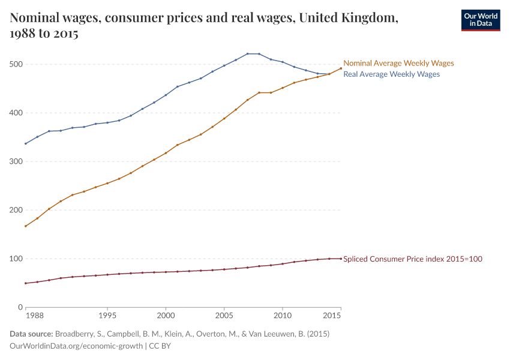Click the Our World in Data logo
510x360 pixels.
point(480,20)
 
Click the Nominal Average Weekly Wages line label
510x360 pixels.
point(398,63)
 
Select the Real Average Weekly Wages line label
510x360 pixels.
point(391,74)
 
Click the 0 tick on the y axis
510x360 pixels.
point(20,307)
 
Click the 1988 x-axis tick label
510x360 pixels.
point(34,315)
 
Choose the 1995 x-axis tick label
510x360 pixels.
point(107,315)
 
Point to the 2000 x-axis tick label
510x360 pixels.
point(166,315)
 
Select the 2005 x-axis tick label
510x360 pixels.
point(224,315)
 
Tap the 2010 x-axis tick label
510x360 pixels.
point(282,315)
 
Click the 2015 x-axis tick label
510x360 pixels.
point(332,315)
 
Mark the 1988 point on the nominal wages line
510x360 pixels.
point(26,226)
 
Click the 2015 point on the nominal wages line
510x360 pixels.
point(341,68)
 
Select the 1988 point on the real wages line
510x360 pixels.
point(26,143)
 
